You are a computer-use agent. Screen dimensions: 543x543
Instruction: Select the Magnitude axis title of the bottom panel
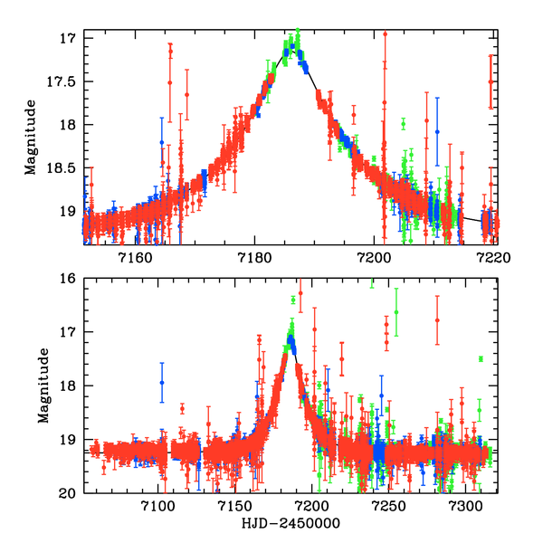[x=43, y=385]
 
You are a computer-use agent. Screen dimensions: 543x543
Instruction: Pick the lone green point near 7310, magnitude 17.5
[x=481, y=359]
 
